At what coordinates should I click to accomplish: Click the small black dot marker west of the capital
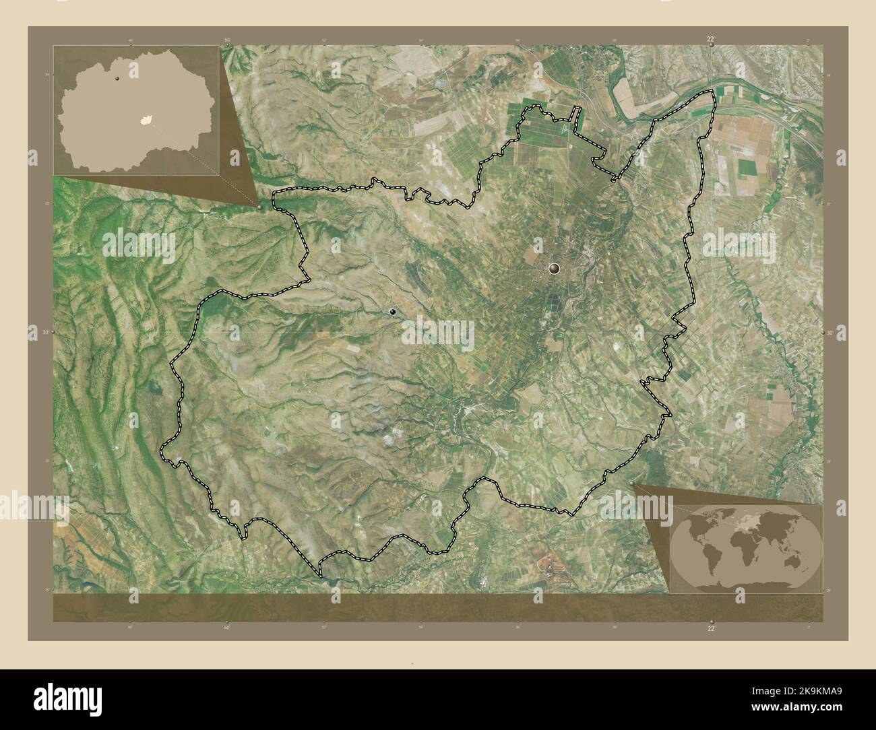[x=393, y=312]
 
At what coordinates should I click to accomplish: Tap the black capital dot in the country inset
[x=117, y=79]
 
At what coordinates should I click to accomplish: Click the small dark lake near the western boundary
[x=156, y=388]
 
